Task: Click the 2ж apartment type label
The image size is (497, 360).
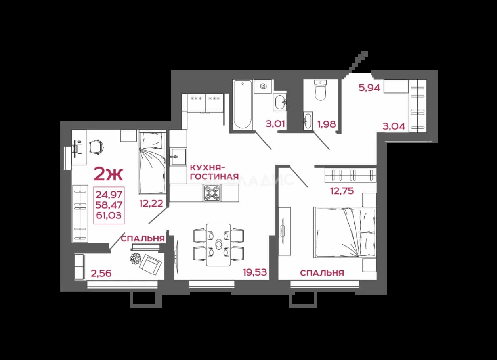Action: pyautogui.click(x=108, y=174)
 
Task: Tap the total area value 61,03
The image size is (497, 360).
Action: pyautogui.click(x=109, y=215)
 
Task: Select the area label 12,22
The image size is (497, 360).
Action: pyautogui.click(x=151, y=203)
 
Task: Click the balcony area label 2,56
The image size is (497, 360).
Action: pyautogui.click(x=101, y=273)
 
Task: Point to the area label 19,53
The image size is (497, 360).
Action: pyautogui.click(x=255, y=272)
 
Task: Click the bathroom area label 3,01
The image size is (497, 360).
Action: pyautogui.click(x=275, y=124)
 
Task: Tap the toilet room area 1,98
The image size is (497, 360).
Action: pyautogui.click(x=327, y=124)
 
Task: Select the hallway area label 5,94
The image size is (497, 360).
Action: pyautogui.click(x=369, y=88)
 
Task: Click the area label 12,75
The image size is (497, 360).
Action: pyautogui.click(x=342, y=191)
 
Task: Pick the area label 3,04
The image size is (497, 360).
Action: pyautogui.click(x=394, y=126)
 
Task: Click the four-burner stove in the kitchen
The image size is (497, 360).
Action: pyautogui.click(x=212, y=193)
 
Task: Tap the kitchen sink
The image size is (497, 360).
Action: pyautogui.click(x=178, y=157)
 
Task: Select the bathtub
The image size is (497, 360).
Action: pyautogui.click(x=243, y=104)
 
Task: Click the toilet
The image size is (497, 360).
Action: pyautogui.click(x=321, y=90)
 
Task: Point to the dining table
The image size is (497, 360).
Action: pyautogui.click(x=218, y=245)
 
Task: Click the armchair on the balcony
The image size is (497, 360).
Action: pyautogui.click(x=151, y=265)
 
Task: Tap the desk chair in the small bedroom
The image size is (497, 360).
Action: pyautogui.click(x=97, y=147)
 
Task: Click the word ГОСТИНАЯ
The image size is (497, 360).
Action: pyautogui.click(x=214, y=177)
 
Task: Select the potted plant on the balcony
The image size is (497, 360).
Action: pyautogui.click(x=136, y=259)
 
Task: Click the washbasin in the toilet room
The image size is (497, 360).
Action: pyautogui.click(x=308, y=121)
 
